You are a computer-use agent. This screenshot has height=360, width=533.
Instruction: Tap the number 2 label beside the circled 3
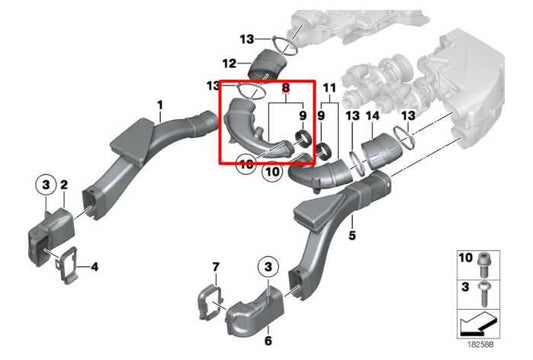pos(63,185)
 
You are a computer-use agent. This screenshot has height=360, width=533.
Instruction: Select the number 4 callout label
pos(94,267)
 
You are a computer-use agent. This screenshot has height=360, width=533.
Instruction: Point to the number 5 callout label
pos(352,236)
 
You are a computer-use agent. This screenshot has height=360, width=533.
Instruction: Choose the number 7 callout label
pos(215,267)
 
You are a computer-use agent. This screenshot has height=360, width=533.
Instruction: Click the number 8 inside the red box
pos(286,88)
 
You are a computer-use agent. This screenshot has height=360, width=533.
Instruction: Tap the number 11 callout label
pos(330,88)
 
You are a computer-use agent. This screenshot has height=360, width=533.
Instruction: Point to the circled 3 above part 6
pos(268,266)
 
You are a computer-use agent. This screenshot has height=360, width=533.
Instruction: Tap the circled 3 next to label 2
pos(44,184)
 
